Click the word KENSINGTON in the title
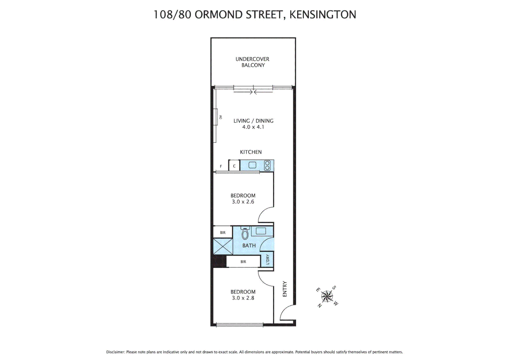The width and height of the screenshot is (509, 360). pyautogui.click(x=322, y=15)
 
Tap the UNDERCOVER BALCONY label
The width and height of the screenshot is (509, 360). pyautogui.click(x=253, y=62)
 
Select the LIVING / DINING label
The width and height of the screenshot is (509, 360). pyautogui.click(x=253, y=121)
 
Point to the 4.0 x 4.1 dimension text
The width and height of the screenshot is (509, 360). pyautogui.click(x=253, y=127)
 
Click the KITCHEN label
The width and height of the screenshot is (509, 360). pyautogui.click(x=251, y=152)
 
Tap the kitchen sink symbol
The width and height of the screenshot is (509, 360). pyautogui.click(x=252, y=165)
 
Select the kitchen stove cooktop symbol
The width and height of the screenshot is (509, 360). pyautogui.click(x=267, y=166)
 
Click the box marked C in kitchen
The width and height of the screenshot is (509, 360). pyautogui.click(x=234, y=166)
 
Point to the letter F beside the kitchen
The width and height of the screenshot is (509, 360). pyautogui.click(x=221, y=166)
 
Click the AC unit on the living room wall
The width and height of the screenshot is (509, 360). pyautogui.click(x=216, y=117)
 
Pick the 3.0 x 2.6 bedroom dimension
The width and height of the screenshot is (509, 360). pyautogui.click(x=243, y=202)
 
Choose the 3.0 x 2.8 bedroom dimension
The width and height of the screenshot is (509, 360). pyautogui.click(x=243, y=298)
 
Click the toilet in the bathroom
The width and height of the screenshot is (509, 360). pyautogui.click(x=245, y=233)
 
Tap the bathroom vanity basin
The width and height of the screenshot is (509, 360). pyautogui.click(x=261, y=231)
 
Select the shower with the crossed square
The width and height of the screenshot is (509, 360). pyautogui.click(x=223, y=247)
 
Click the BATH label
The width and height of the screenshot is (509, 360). pyautogui.click(x=249, y=246)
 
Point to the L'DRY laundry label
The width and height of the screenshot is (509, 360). pyautogui.click(x=267, y=260)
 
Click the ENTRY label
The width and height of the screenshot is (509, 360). pyautogui.click(x=285, y=289)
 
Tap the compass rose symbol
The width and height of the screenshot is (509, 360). pyautogui.click(x=327, y=296)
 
